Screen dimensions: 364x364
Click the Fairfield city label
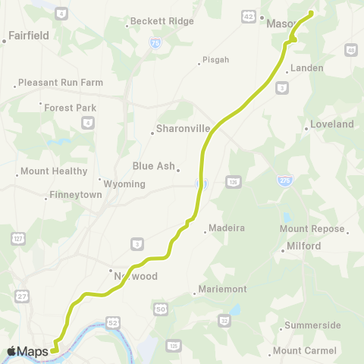tap(29, 35)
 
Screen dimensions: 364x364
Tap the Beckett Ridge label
tap(162, 22)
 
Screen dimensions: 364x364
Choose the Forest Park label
tap(71, 108)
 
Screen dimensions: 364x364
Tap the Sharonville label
tap(181, 129)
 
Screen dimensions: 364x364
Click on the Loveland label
tap(332, 124)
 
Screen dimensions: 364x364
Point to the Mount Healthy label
tap(54, 171)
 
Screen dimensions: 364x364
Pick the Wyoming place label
tap(125, 184)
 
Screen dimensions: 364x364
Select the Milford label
tap(304, 246)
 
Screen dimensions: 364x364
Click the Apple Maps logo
tap(27, 351)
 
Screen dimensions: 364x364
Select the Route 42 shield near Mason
tap(249, 16)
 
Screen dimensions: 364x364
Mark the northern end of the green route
tap(311, 12)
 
